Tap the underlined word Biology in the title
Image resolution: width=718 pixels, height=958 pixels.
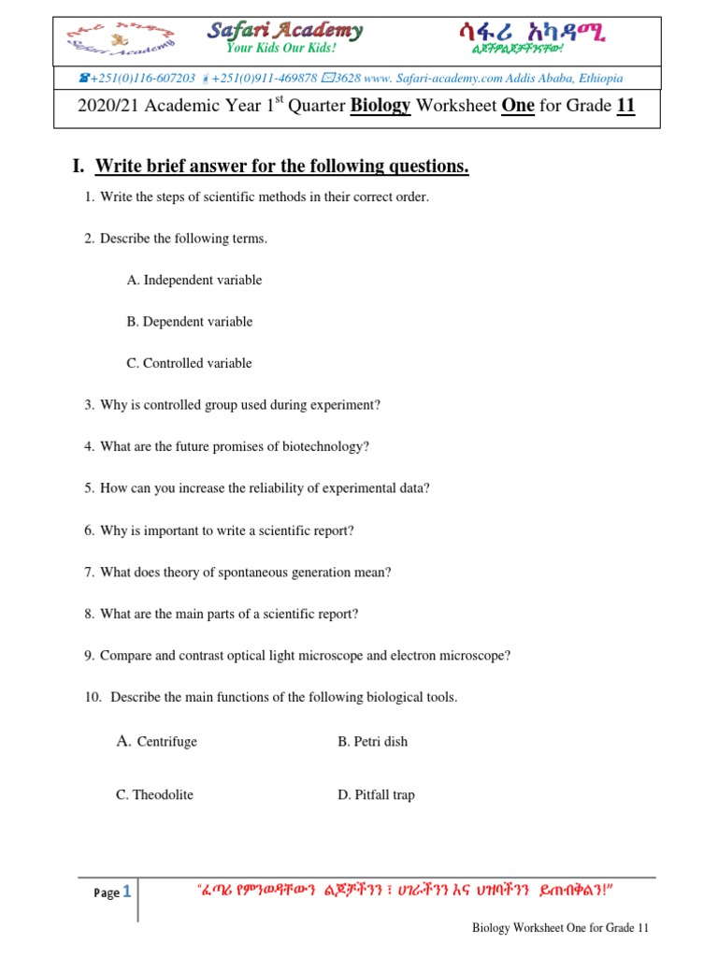[x=381, y=106]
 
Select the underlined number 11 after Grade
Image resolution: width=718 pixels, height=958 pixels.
[x=625, y=106]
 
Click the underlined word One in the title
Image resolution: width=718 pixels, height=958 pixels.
[x=518, y=106]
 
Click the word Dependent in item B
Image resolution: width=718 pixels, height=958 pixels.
[x=175, y=322]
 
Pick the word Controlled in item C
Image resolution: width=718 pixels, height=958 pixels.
[x=175, y=363]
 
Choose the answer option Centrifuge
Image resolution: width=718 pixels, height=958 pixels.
[x=166, y=742]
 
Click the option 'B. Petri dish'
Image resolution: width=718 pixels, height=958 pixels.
[x=372, y=742]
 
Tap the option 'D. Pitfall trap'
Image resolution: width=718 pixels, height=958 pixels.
[x=376, y=794]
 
